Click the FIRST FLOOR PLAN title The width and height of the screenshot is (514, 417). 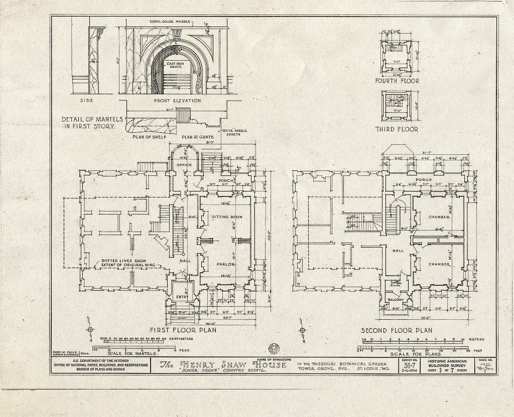coord(183,330)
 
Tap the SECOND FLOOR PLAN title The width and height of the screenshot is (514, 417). coord(397,330)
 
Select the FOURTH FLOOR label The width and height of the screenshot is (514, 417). coord(397,81)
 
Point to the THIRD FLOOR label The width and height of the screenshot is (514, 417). coord(397,129)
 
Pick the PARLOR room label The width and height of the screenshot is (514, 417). coord(226,264)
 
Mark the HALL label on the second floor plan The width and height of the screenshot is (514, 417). coord(398,251)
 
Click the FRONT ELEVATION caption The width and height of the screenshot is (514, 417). coord(177,100)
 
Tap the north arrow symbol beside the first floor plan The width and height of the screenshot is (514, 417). coord(90,330)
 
